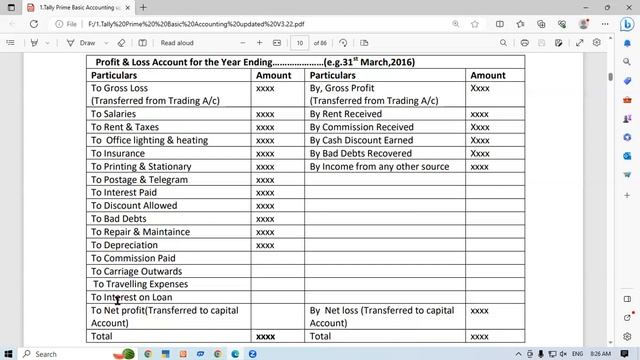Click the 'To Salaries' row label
(113, 114)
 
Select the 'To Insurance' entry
(118, 153)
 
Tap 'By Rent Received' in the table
(345, 114)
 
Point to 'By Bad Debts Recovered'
(360, 153)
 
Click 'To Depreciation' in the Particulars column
(124, 245)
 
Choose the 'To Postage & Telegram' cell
(139, 180)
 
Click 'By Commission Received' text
(361, 127)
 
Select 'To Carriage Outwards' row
(137, 271)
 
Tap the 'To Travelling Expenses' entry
(140, 284)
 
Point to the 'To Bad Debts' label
(118, 219)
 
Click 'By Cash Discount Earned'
(361, 140)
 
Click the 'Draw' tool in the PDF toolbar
(81, 43)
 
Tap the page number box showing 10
(300, 43)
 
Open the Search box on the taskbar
(40, 353)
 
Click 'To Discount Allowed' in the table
(134, 206)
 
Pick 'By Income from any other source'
(379, 167)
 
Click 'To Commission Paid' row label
(133, 258)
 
